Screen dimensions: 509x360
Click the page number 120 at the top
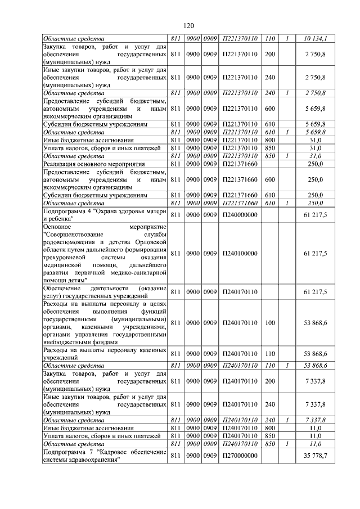[x=188, y=26]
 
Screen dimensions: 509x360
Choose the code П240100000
[x=240, y=254]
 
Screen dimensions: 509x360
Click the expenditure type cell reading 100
[x=269, y=323]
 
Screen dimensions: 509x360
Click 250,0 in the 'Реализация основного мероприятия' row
[x=315, y=164]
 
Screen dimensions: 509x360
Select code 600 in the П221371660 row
[x=269, y=179]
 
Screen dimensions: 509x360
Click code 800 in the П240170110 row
[x=269, y=427]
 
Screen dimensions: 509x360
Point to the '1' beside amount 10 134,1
[x=287, y=38]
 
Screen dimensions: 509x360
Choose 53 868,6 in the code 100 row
[x=315, y=323]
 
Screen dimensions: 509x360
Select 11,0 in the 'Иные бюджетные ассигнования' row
[x=315, y=427]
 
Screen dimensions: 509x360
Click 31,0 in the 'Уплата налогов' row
[x=315, y=148]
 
